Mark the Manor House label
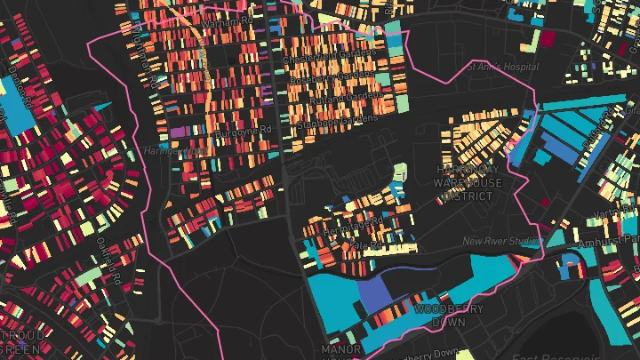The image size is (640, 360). pos(341,350)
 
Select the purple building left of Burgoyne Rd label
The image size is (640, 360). pos(179,132)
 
